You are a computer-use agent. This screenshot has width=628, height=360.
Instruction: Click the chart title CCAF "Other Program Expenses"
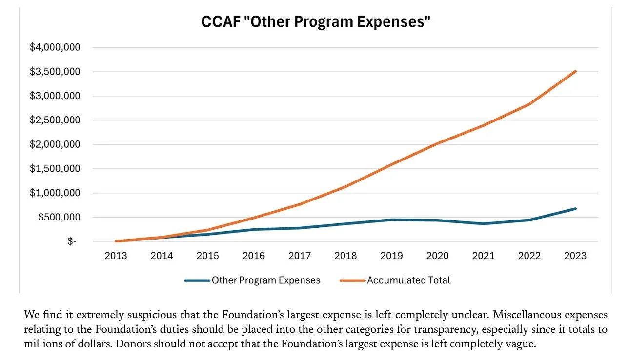point(316,22)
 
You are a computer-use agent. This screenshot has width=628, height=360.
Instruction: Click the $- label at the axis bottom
point(72,241)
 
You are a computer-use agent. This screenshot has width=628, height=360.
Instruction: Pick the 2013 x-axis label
point(116,256)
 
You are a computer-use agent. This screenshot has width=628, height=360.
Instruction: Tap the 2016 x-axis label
point(254,256)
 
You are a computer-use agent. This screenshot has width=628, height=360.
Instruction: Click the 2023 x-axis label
point(576,256)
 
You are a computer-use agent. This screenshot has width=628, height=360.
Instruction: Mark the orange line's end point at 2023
point(576,71)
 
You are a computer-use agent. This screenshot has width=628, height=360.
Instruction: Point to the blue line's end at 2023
point(576,209)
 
